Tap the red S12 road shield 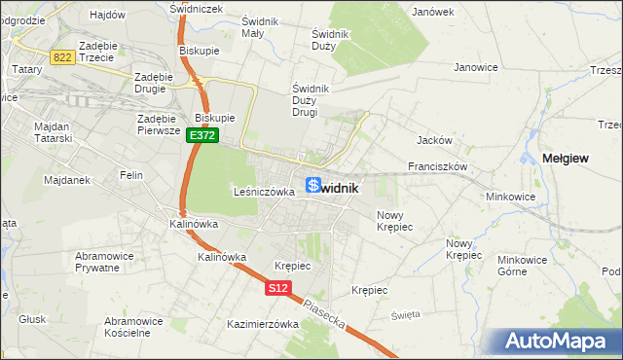pyautogui.click(x=277, y=288)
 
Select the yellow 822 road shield pyautogui.click(x=63, y=58)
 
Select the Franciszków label pyautogui.click(x=439, y=166)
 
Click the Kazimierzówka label pyautogui.click(x=262, y=324)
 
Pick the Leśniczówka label pyautogui.click(x=264, y=192)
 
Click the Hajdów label pyautogui.click(x=107, y=15)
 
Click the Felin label pyautogui.click(x=130, y=175)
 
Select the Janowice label pyautogui.click(x=476, y=67)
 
